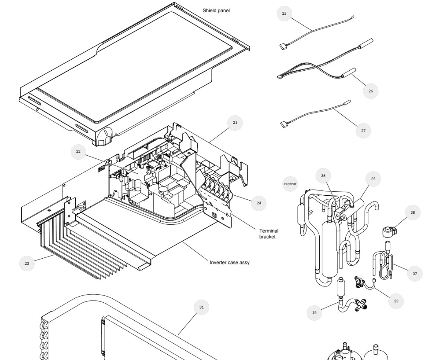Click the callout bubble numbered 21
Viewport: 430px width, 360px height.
[235, 123]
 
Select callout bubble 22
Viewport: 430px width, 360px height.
[78, 152]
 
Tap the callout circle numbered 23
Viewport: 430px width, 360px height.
[27, 264]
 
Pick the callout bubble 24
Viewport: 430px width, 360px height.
[259, 203]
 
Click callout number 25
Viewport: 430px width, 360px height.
[284, 13]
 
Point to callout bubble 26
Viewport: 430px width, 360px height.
[371, 91]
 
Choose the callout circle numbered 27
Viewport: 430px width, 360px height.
[363, 131]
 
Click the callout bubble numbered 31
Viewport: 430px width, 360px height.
[202, 307]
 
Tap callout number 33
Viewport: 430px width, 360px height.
[396, 301]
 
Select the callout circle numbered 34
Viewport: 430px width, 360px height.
[314, 313]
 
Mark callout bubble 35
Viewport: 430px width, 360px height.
[373, 179]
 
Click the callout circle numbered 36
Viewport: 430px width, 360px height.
[323, 176]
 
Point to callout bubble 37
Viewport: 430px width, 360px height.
[415, 274]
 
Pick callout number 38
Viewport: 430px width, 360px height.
[413, 212]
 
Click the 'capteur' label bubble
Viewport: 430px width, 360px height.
[290, 184]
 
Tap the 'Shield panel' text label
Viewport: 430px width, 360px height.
[216, 11]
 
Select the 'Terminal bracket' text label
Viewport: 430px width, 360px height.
[269, 234]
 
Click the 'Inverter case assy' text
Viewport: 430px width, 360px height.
[229, 262]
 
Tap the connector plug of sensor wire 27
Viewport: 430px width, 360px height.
[284, 125]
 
